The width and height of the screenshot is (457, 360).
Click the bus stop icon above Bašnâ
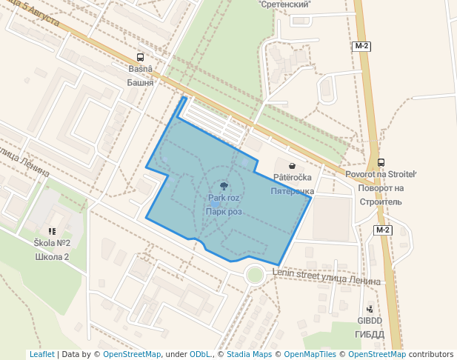pos(141,57)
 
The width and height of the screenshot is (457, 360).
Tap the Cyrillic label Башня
pos(140,82)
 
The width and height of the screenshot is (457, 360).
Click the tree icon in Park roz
pos(224,187)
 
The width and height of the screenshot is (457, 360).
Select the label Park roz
pos(224,199)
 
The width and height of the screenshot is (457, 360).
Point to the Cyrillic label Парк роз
pos(224,212)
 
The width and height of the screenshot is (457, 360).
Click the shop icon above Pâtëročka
pos(293,166)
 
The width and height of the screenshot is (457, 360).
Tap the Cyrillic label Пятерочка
pos(293,191)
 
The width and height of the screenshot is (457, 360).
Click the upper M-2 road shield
pos(361,46)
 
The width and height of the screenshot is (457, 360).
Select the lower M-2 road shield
pos(382,230)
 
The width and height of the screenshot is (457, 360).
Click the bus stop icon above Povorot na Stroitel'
pos(381,162)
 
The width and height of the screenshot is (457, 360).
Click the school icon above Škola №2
pos(52,231)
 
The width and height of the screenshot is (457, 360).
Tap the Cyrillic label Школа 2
pos(52,257)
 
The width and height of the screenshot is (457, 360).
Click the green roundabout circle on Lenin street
pos(255,275)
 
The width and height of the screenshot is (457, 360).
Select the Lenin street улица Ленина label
pos(326,277)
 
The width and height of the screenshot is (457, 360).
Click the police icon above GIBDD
pos(370,309)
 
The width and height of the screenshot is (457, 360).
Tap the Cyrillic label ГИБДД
pos(370,334)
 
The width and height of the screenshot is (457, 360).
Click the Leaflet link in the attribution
pos(41,354)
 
